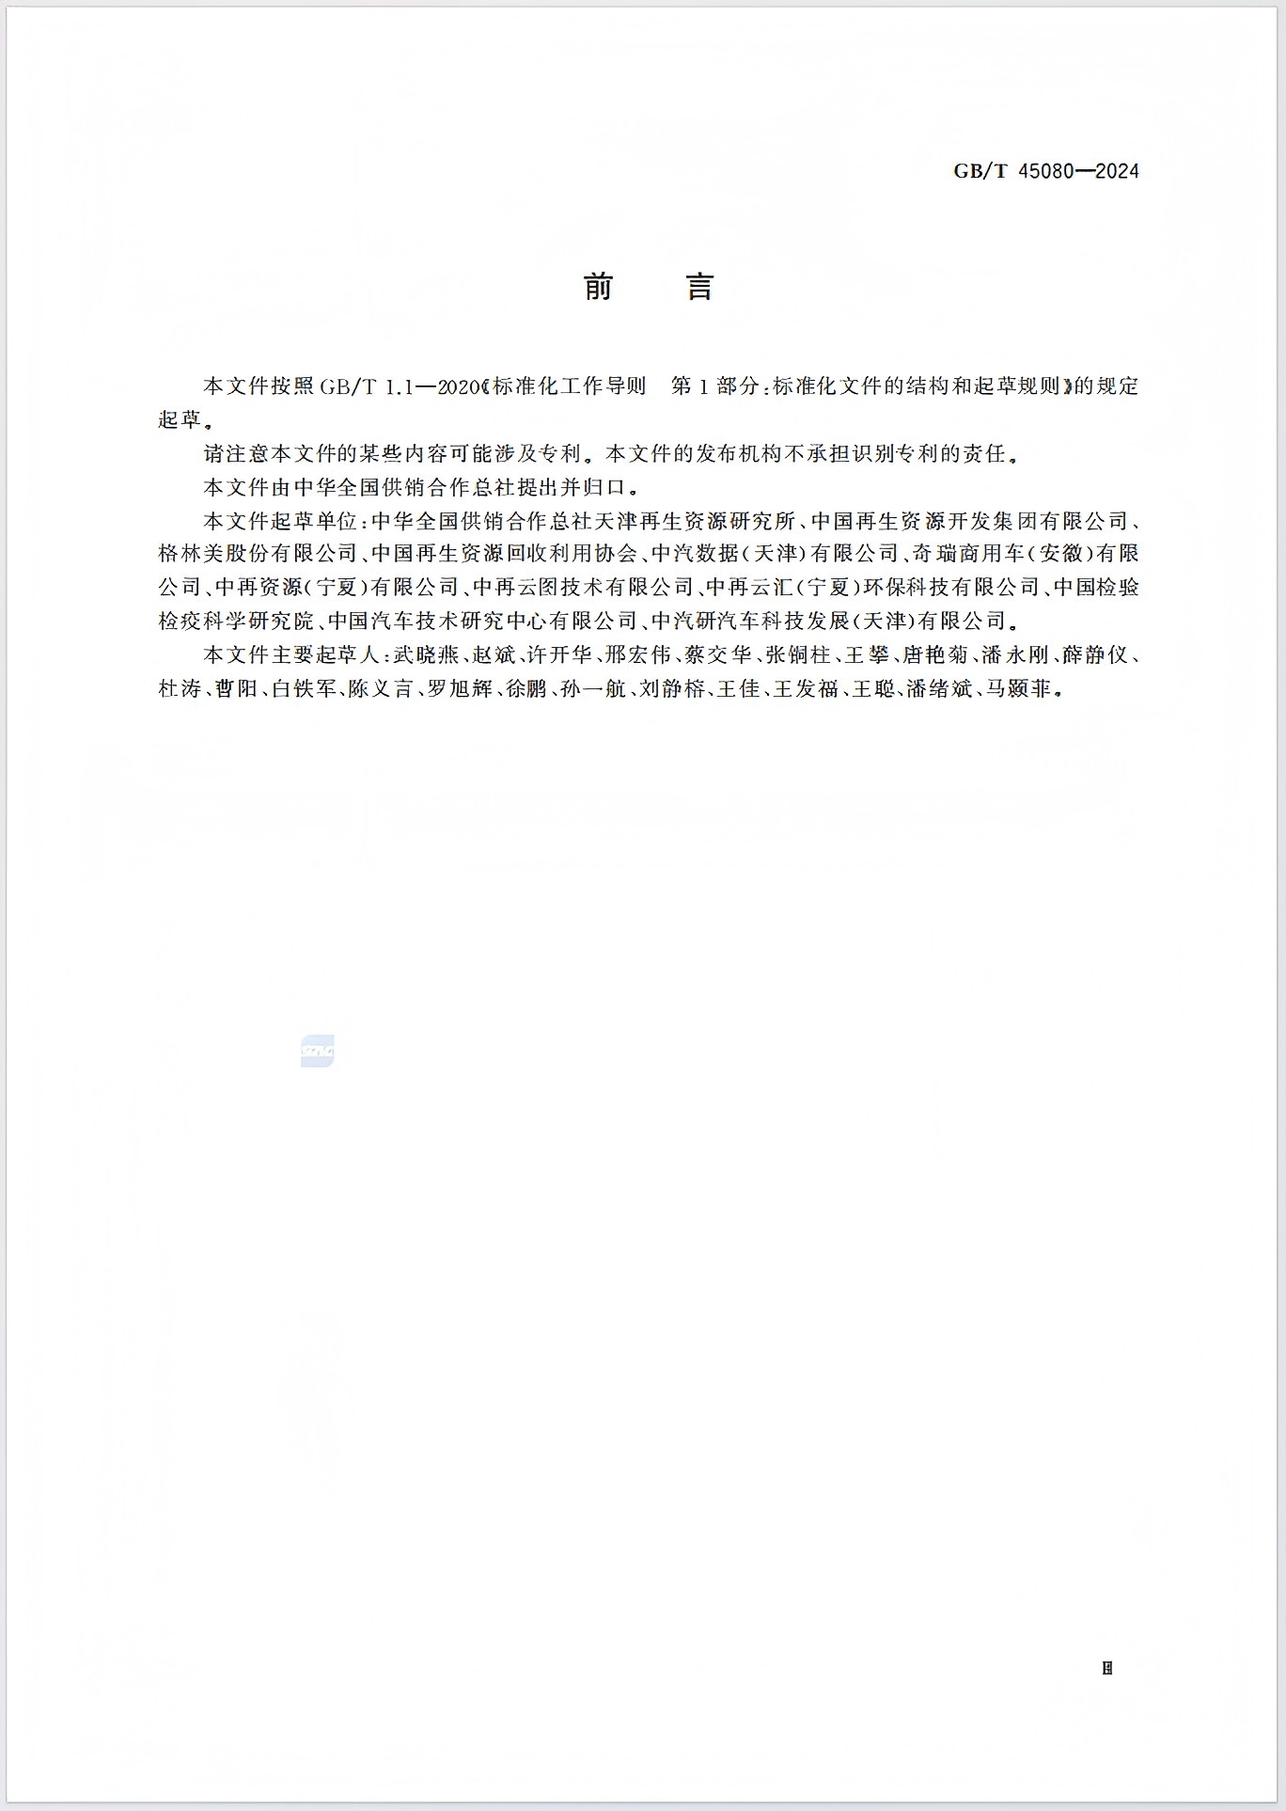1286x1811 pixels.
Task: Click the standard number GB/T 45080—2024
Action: (x=1045, y=171)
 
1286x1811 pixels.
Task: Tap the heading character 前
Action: (x=599, y=287)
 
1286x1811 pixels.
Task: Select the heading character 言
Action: (x=700, y=287)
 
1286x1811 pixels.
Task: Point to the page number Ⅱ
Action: (x=1107, y=1668)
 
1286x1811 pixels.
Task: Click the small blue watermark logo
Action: (x=318, y=1051)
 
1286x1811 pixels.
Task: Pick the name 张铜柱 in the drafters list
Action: (x=797, y=655)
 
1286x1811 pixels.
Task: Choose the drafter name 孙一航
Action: (x=593, y=689)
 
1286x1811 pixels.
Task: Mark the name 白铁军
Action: (x=304, y=689)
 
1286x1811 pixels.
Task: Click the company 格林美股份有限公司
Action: (x=258, y=554)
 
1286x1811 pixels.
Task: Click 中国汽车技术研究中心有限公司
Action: (x=482, y=622)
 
